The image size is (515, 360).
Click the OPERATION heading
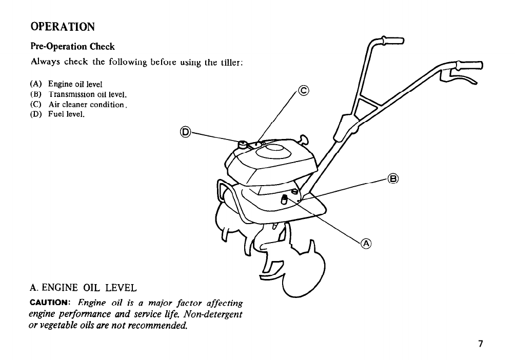(x=63, y=26)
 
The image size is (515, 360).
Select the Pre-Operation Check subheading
(x=73, y=47)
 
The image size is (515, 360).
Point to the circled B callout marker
(x=393, y=179)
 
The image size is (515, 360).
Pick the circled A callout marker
(x=366, y=244)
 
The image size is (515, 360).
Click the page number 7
(x=481, y=344)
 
